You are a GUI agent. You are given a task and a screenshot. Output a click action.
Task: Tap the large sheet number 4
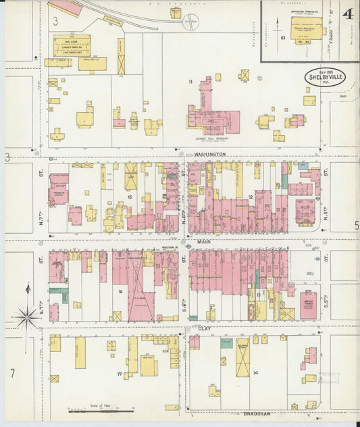tap(347, 14)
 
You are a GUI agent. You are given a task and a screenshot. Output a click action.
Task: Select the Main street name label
tap(205, 241)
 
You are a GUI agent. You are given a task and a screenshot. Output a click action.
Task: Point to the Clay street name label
tap(205, 328)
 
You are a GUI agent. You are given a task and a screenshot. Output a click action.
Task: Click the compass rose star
tap(27, 313)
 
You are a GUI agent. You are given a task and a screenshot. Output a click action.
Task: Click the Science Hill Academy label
tap(211, 139)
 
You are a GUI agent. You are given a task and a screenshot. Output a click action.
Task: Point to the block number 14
tap(255, 372)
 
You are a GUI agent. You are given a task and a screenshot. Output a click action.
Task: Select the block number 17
tap(120, 373)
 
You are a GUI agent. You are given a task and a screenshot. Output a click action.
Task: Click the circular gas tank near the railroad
tap(192, 20)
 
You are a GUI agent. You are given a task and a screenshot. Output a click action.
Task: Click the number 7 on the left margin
tap(12, 373)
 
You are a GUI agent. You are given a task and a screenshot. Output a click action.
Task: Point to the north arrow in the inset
tap(277, 28)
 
